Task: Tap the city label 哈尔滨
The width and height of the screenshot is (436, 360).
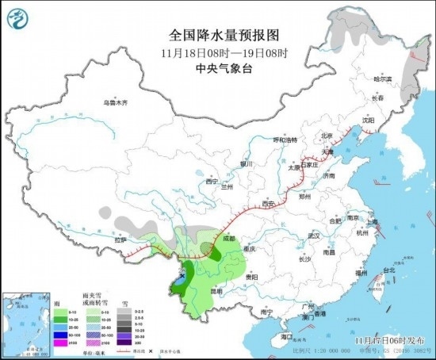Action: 383,79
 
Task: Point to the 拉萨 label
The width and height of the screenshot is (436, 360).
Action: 120,239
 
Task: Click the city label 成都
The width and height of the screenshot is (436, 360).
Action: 228,237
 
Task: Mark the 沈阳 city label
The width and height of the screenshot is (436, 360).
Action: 367,120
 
